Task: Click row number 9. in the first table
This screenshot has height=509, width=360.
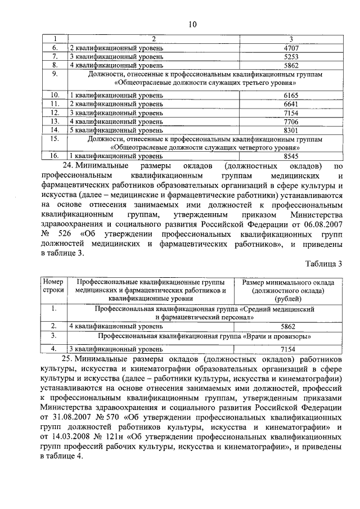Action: click(55, 74)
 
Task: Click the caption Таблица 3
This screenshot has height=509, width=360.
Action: click(324, 264)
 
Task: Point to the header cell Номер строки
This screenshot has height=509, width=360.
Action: click(54, 286)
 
